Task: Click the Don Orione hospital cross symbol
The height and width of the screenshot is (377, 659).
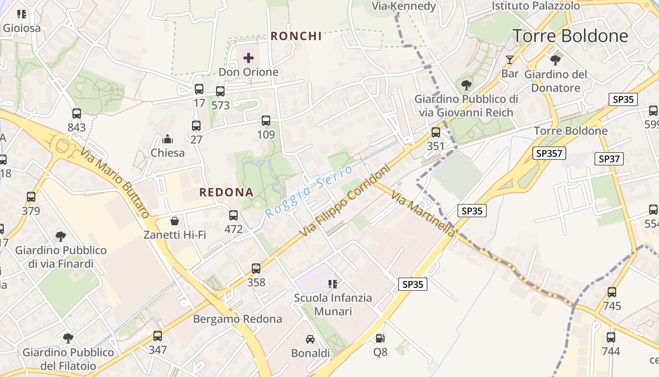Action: pos(249,58)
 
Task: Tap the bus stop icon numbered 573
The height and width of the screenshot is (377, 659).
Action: pos(220,91)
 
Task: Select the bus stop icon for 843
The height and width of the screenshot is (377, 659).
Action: pos(77,114)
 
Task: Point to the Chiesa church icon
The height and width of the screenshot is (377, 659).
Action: pos(167,139)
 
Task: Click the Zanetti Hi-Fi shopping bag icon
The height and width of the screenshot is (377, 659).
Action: pos(175,221)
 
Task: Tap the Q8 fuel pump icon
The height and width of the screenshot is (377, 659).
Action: pos(380,338)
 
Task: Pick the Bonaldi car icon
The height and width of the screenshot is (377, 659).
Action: pos(310,339)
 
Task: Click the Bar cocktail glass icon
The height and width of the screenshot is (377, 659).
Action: pos(509,60)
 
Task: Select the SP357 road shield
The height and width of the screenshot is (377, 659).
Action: pos(549,153)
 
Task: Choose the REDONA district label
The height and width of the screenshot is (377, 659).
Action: pos(226,192)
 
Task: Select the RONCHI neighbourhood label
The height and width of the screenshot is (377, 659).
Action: pos(296,36)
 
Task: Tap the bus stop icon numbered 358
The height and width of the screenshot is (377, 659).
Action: pos(256,269)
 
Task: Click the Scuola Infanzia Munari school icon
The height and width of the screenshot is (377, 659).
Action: pos(333,284)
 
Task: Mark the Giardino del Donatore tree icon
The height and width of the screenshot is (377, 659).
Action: pos(555,60)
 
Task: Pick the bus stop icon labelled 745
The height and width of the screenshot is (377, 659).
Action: pos(612,292)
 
